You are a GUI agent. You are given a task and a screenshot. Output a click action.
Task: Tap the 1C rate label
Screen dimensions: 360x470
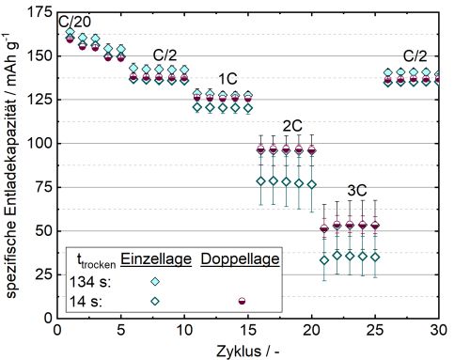coord(227,78)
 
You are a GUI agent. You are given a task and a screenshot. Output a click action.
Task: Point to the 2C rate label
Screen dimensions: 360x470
coord(291,125)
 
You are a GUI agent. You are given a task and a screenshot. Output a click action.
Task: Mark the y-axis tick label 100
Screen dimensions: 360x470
coord(40,144)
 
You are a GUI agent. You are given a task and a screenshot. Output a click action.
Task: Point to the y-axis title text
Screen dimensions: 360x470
coord(12,165)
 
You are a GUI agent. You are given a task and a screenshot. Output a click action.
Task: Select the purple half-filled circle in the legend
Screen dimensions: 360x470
coord(242,301)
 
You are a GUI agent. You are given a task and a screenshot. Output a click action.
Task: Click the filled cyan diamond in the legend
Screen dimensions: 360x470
coord(156,281)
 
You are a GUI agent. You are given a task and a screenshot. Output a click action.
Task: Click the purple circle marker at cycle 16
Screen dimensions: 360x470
coord(261,150)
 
